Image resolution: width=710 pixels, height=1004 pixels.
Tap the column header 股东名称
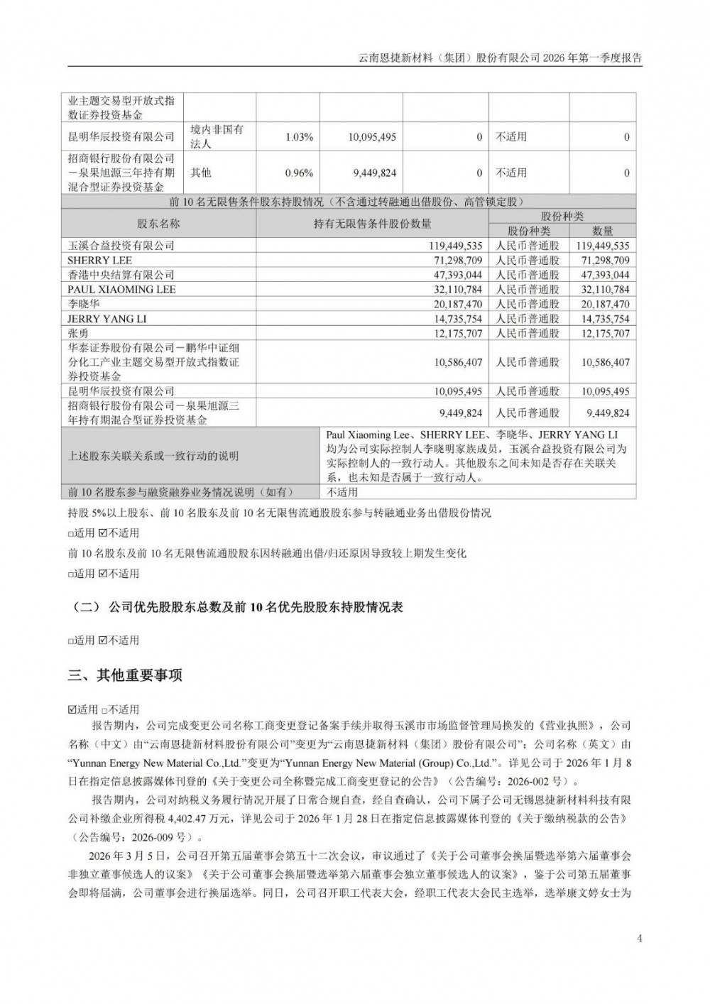(158, 224)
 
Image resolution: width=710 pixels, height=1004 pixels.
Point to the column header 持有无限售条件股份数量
(372, 224)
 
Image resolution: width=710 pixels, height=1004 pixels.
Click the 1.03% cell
(299, 137)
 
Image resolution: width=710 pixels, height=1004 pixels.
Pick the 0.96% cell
(299, 173)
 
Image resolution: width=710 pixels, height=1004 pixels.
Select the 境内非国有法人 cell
(217, 137)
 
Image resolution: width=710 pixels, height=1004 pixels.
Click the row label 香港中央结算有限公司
(121, 275)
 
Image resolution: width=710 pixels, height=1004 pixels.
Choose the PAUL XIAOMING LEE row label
(121, 290)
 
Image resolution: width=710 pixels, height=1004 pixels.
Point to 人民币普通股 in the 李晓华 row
(528, 304)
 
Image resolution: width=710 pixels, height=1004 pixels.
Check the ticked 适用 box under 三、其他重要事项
(72, 709)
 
